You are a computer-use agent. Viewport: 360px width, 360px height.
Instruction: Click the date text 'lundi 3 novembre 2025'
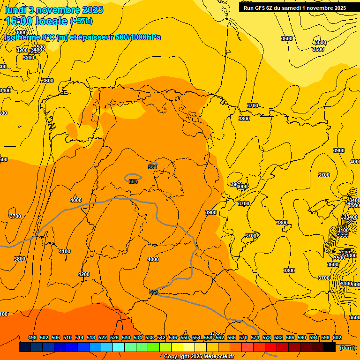53,10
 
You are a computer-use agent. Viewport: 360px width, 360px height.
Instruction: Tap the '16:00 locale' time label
36,21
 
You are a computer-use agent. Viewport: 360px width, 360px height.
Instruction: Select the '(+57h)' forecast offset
81,21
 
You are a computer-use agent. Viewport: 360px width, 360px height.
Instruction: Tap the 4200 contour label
84,274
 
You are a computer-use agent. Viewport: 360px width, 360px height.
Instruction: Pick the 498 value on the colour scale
32,337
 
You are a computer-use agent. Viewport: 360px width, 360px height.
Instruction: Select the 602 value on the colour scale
337,337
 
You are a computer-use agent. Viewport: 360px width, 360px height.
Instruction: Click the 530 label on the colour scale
126,337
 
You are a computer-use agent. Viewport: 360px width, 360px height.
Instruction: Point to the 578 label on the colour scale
267,337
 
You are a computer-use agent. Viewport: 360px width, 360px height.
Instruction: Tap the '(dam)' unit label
347,347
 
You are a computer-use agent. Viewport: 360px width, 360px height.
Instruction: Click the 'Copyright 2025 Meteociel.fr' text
199,356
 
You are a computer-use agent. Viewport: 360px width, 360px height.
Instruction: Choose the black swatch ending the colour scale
330,347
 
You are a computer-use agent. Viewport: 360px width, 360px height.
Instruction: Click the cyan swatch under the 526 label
119,347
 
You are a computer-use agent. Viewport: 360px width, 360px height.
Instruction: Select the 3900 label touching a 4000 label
236,184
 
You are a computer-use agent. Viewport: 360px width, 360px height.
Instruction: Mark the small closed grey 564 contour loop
133,178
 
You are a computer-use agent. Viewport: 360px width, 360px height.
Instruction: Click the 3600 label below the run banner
286,38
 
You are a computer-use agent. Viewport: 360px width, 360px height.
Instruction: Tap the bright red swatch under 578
271,347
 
